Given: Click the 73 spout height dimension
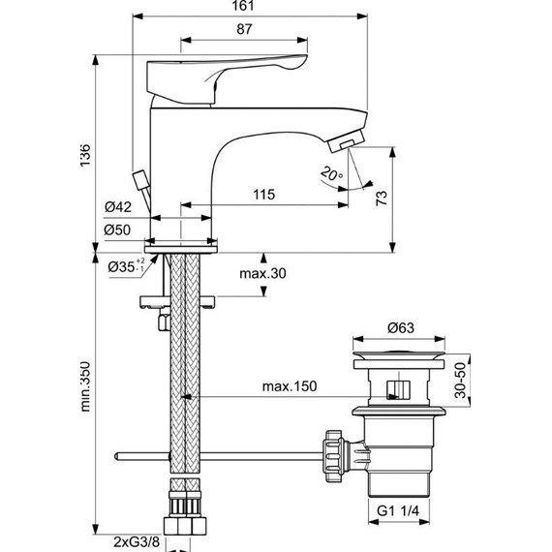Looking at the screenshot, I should pyautogui.click(x=382, y=198).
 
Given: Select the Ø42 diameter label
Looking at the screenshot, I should pyautogui.click(x=118, y=206).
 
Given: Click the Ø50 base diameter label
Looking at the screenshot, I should pyautogui.click(x=118, y=230).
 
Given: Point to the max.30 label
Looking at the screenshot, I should pyautogui.click(x=265, y=273).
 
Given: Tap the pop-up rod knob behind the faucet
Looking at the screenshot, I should pyautogui.click(x=139, y=180).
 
